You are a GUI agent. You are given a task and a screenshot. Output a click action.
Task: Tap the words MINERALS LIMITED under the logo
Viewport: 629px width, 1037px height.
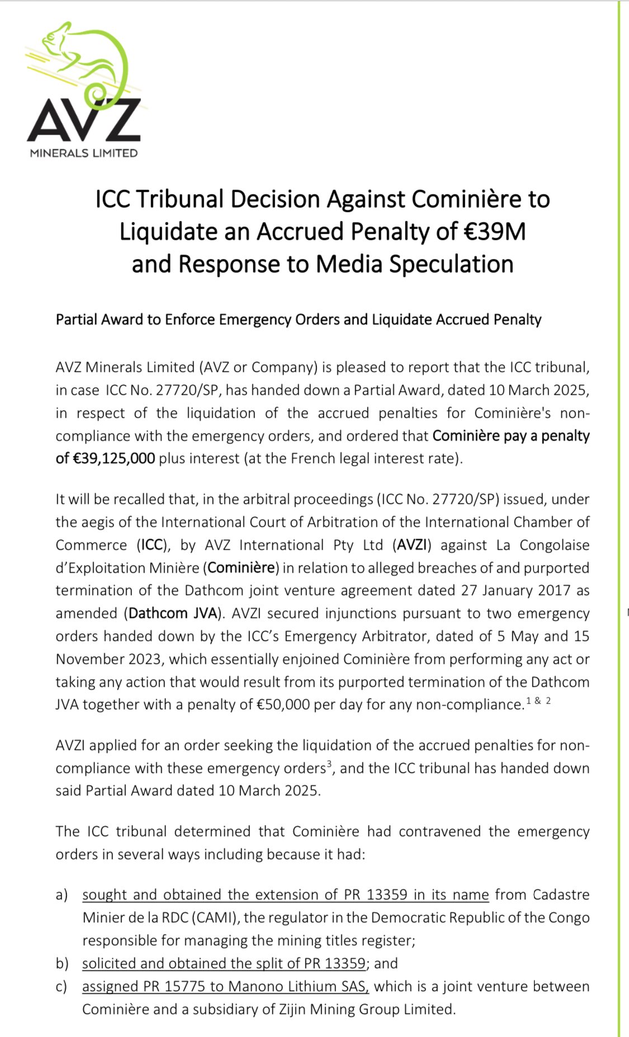click(84, 153)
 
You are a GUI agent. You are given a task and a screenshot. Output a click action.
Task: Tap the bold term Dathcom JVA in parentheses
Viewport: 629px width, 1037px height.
click(173, 614)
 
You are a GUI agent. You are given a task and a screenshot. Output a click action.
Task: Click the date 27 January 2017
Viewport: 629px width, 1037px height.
click(516, 591)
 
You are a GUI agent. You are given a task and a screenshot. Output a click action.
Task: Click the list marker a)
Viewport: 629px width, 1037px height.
click(62, 895)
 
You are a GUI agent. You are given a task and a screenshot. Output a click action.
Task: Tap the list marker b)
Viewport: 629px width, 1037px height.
click(62, 964)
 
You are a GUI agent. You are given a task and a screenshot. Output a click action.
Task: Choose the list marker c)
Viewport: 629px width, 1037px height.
click(62, 987)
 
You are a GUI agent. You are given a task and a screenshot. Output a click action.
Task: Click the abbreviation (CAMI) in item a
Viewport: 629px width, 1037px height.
click(216, 918)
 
